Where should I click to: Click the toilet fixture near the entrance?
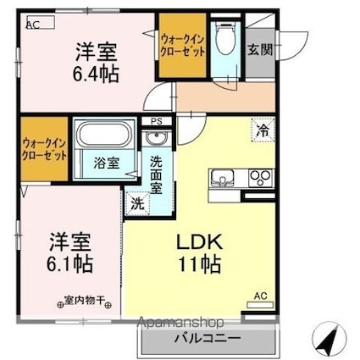pyautogui.click(x=225, y=38)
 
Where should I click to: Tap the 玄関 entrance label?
pyautogui.click(x=260, y=50)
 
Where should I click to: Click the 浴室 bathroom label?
pyautogui.click(x=106, y=163)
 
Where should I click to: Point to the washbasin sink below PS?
pyautogui.click(x=157, y=138)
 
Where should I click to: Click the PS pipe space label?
pyautogui.click(x=157, y=122)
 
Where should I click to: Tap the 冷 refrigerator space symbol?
pyautogui.click(x=263, y=130)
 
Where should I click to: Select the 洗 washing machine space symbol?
pyautogui.click(x=137, y=203)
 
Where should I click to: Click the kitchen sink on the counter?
pyautogui.click(x=223, y=178)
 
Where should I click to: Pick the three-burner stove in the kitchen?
pyautogui.click(x=261, y=178)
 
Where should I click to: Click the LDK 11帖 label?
pyautogui.click(x=199, y=253)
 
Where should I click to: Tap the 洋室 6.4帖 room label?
pyautogui.click(x=96, y=63)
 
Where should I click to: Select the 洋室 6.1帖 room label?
pyautogui.click(x=70, y=252)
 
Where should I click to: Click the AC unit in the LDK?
pyautogui.click(x=260, y=305)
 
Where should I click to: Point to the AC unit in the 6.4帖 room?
pyautogui.click(x=41, y=22)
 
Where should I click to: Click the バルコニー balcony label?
pyautogui.click(x=208, y=338)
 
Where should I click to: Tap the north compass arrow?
pyautogui.click(x=327, y=338)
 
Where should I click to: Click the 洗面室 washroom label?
pyautogui.click(x=156, y=174)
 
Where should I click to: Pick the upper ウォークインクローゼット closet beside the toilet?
pyautogui.click(x=182, y=45)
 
